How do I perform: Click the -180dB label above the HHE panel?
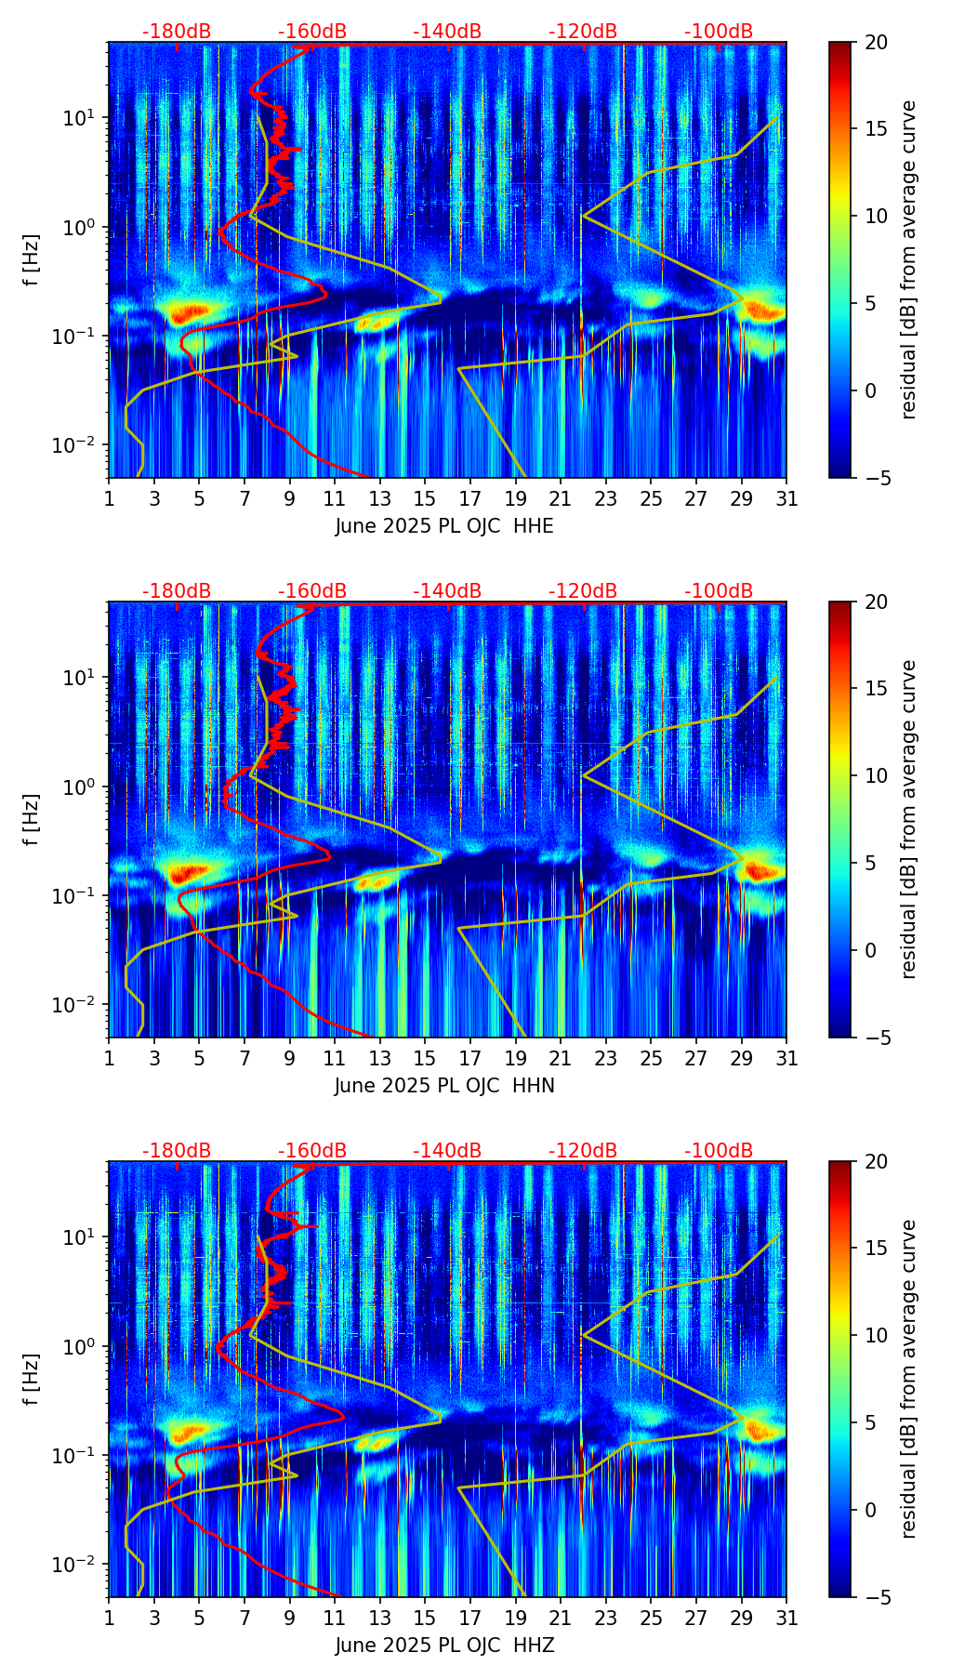pos(177,32)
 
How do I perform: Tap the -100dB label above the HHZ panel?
pos(719,1151)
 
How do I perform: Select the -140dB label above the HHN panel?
pos(447,591)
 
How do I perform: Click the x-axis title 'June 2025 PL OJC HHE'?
pos(444,526)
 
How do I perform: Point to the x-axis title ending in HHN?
pos(444,1086)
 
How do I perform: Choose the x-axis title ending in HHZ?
pos(444,1646)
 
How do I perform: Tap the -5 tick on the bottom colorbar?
pos(873,1597)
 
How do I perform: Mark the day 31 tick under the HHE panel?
pos(786,498)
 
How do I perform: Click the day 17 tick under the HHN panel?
pos(470,1058)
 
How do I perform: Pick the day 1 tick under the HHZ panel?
pos(109,1618)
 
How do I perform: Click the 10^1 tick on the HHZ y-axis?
pos(78,1236)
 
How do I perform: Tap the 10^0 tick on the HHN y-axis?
pos(78,787)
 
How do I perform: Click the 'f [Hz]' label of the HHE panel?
pos(32,259)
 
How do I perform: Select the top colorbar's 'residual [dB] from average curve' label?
pos(909,259)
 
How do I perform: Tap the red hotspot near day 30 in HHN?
pos(763,871)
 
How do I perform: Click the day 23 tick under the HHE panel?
pos(605,498)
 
